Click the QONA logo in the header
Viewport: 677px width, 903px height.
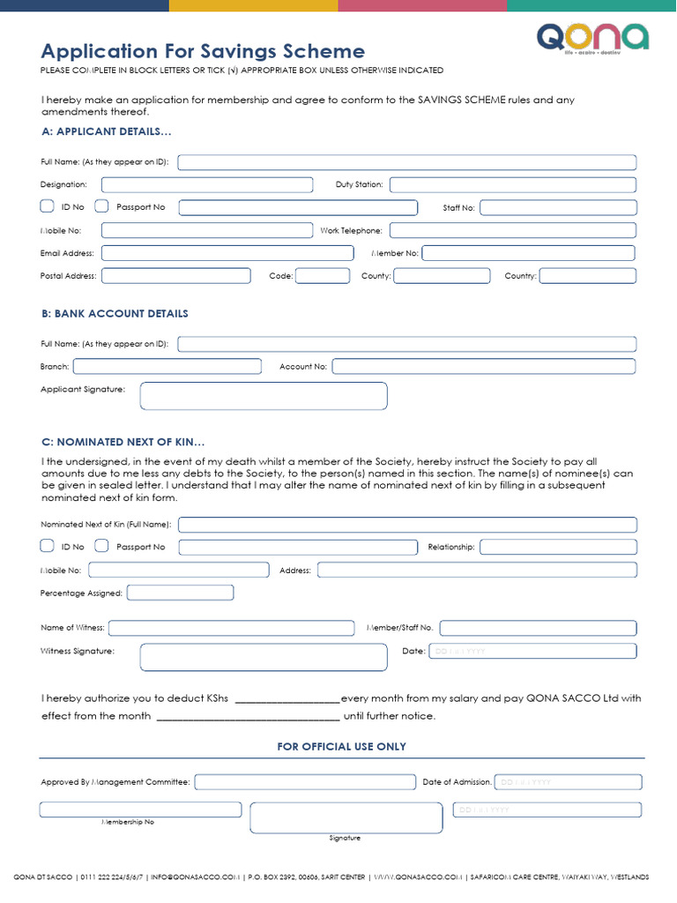click(x=592, y=39)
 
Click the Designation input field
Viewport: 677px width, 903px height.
click(x=207, y=185)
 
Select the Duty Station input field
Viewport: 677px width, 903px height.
click(x=512, y=185)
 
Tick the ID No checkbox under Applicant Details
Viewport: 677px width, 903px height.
click(x=48, y=206)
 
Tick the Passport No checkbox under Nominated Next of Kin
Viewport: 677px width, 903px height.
click(x=101, y=546)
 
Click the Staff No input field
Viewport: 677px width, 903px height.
click(x=557, y=208)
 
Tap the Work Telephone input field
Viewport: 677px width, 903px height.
click(x=512, y=230)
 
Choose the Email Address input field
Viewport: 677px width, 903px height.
click(x=227, y=253)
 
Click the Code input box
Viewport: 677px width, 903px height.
click(x=322, y=276)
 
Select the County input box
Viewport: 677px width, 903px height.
click(x=442, y=276)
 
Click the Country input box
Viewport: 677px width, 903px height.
click(x=587, y=276)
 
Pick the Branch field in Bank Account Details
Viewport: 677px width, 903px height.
click(x=167, y=366)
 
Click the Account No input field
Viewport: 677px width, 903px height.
click(x=483, y=366)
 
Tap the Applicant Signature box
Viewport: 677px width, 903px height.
click(x=264, y=396)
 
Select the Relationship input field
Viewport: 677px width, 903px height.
click(x=557, y=547)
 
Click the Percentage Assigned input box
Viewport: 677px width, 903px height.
click(x=181, y=593)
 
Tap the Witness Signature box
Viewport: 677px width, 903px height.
click(x=264, y=657)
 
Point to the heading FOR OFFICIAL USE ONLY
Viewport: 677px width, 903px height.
click(x=342, y=746)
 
